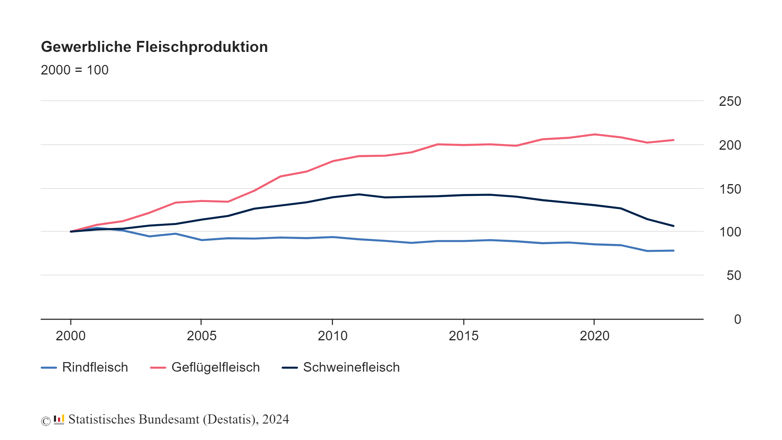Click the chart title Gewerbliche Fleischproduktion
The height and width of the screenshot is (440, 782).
click(154, 47)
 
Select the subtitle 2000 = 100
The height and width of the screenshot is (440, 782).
click(74, 70)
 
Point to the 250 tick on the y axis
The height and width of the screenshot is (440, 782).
click(730, 101)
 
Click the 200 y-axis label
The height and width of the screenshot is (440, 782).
click(730, 145)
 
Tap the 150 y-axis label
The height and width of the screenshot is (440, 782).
click(730, 189)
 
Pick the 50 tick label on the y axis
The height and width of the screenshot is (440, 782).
click(734, 275)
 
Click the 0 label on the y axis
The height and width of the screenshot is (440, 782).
click(737, 319)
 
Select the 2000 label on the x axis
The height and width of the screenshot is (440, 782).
click(71, 336)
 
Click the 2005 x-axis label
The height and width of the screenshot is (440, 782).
click(202, 336)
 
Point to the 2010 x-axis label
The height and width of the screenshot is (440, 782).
click(333, 336)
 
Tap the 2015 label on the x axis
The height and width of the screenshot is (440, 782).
click(464, 336)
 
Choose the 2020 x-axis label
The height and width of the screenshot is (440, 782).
click(595, 336)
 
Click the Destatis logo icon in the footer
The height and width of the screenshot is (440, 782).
click(59, 419)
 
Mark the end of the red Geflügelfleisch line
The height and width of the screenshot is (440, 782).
click(673, 140)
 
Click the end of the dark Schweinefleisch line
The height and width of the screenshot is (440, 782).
click(673, 226)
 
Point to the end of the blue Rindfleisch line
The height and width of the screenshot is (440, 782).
click(673, 251)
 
